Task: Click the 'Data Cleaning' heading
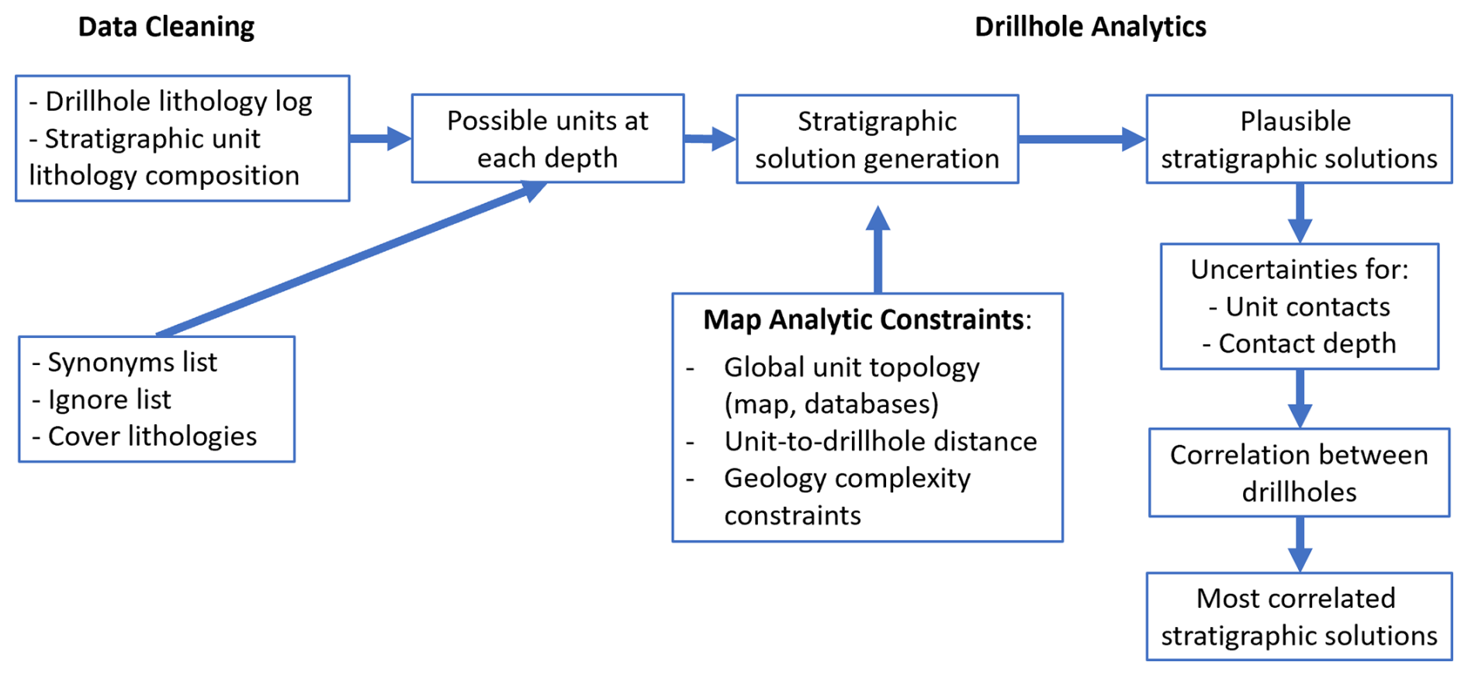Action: pyautogui.click(x=166, y=27)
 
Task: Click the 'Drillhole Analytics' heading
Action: pyautogui.click(x=1090, y=27)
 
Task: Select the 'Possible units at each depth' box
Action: pyautogui.click(x=547, y=139)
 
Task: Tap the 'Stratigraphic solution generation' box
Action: pyautogui.click(x=877, y=140)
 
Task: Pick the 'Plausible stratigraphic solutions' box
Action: pyautogui.click(x=1298, y=140)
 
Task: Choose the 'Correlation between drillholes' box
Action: pyautogui.click(x=1298, y=473)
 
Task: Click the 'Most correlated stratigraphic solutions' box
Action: pyautogui.click(x=1298, y=616)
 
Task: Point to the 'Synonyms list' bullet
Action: pyautogui.click(x=132, y=362)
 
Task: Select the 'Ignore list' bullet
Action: pyautogui.click(x=109, y=399)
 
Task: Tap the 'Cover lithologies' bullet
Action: pyautogui.click(x=152, y=436)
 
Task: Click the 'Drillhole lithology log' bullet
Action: pyautogui.click(x=178, y=102)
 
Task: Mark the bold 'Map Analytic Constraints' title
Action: pyautogui.click(x=863, y=319)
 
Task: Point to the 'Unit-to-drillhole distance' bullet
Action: pyautogui.click(x=880, y=441)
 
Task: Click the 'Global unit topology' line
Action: pyautogui.click(x=851, y=367)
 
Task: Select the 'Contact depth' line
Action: pyautogui.click(x=1307, y=343)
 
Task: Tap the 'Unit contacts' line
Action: pyautogui.click(x=1307, y=307)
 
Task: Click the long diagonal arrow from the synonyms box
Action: pyautogui.click(x=349, y=260)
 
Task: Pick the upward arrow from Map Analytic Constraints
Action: pyautogui.click(x=878, y=248)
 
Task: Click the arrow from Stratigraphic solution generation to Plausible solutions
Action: pyautogui.click(x=1082, y=140)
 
